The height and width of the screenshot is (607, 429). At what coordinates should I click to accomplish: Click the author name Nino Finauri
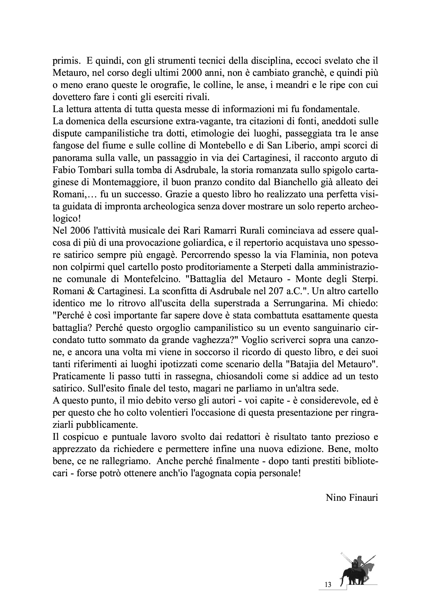(352, 498)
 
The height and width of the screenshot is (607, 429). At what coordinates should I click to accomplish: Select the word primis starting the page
(64, 61)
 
